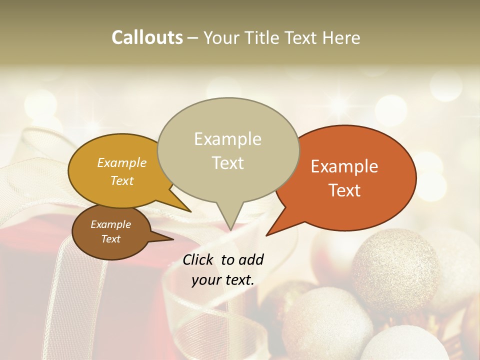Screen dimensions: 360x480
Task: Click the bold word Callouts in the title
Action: pos(147,37)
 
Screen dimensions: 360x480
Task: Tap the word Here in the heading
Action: pos(342,37)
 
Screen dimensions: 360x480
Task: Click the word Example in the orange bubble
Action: pos(344,166)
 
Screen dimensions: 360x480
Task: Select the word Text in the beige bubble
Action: pos(228,163)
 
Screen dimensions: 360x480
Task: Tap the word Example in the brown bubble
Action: pos(110,224)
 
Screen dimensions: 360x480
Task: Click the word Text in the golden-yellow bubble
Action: pos(122,180)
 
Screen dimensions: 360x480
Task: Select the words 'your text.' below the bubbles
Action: pos(223,280)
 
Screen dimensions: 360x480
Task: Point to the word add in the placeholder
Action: pos(250,259)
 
